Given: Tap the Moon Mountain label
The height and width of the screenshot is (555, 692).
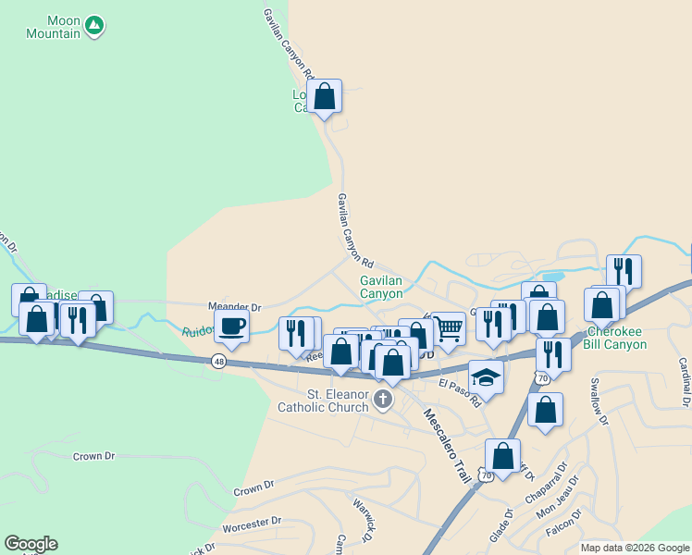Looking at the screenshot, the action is pyautogui.click(x=52, y=27).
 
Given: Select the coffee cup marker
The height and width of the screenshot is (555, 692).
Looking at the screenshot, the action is pyautogui.click(x=231, y=326).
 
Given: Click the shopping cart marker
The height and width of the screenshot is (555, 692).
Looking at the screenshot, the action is pyautogui.click(x=448, y=327).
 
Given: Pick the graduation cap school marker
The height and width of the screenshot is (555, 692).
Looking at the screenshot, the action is pyautogui.click(x=486, y=376).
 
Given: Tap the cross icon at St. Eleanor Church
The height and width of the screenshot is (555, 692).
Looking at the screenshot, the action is pyautogui.click(x=383, y=400).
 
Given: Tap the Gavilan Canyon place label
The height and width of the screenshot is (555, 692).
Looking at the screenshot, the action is pyautogui.click(x=381, y=286).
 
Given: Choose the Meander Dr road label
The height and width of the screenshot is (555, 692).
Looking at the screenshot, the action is pyautogui.click(x=236, y=307).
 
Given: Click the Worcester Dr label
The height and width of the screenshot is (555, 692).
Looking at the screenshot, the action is pyautogui.click(x=251, y=524).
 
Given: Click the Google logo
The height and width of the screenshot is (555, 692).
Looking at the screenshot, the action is pyautogui.click(x=31, y=544).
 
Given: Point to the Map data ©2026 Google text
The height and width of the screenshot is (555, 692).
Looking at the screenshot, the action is pyautogui.click(x=635, y=548).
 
